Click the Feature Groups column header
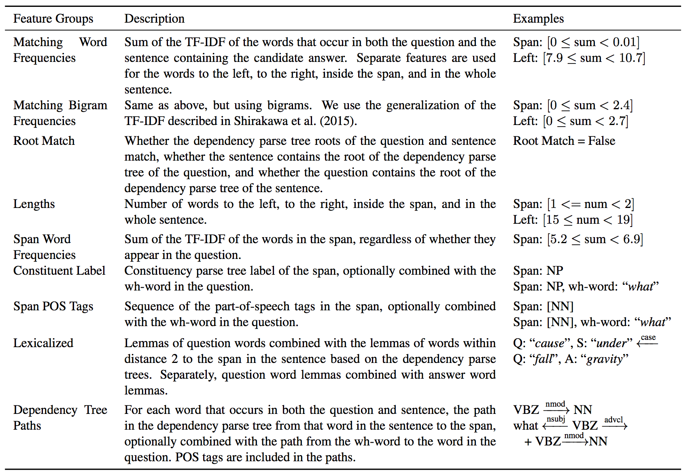(53, 19)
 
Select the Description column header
(154, 19)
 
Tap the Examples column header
(538, 19)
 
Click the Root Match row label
(44, 141)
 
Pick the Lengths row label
(34, 204)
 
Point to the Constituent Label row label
(59, 271)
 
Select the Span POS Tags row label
(53, 306)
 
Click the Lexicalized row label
(43, 343)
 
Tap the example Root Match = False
(564, 141)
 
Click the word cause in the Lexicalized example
(549, 344)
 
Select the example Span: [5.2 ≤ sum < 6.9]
(578, 239)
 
